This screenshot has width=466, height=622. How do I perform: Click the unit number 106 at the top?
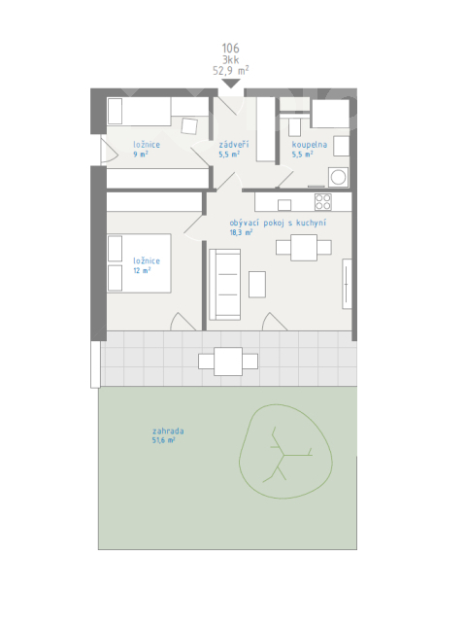click(230, 49)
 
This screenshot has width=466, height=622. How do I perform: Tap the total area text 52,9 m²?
click(231, 71)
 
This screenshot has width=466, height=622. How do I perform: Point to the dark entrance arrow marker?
click(231, 84)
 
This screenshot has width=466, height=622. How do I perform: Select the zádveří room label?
click(234, 145)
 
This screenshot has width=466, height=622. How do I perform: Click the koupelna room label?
click(310, 145)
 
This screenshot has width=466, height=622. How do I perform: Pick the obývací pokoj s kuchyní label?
click(278, 223)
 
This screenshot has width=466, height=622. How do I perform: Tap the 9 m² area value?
click(141, 154)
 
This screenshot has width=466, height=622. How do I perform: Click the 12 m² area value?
click(142, 270)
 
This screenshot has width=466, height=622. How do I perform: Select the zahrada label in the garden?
click(168, 431)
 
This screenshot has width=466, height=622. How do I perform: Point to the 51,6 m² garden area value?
click(164, 440)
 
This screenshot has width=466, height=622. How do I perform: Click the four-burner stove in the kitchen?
click(323, 202)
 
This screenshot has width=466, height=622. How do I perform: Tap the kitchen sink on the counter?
click(284, 205)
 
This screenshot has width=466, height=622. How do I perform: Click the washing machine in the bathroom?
click(338, 177)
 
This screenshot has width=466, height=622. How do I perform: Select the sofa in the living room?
click(224, 285)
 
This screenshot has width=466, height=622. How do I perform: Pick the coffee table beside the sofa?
click(257, 285)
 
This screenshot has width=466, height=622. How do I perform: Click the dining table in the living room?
click(304, 248)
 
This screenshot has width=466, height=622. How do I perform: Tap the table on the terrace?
click(228, 362)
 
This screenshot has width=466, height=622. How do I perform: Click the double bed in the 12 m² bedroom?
click(139, 263)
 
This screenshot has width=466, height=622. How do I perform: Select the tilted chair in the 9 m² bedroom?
click(189, 126)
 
